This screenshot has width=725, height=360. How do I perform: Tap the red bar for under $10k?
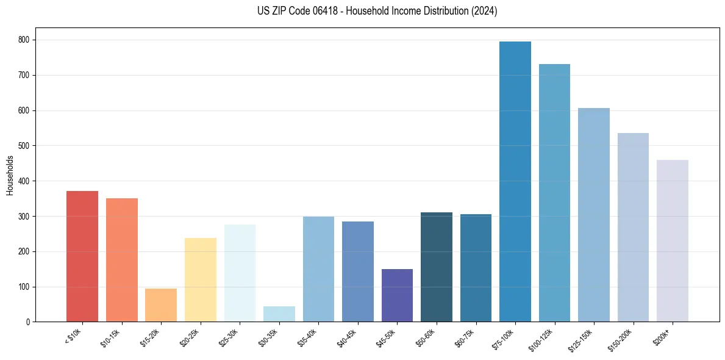[x=82, y=256]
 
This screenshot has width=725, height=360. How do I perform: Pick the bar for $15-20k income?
[x=161, y=305]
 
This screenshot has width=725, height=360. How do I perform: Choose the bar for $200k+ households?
[x=672, y=240]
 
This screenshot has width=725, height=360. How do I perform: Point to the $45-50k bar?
[x=397, y=295]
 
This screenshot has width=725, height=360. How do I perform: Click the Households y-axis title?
[x=10, y=175]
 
